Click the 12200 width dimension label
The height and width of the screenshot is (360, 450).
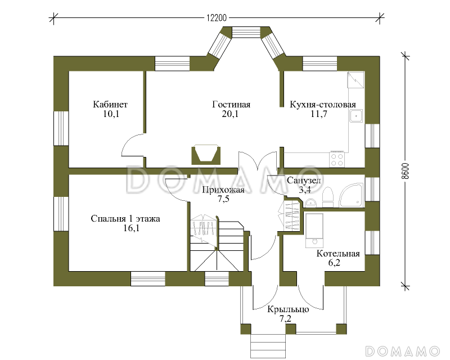[x=217, y=18]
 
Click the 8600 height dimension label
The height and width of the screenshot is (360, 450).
[x=404, y=171]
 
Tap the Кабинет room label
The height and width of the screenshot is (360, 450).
[x=110, y=104]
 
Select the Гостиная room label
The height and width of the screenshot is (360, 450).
[x=231, y=104]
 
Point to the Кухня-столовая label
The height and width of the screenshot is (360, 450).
[x=322, y=104]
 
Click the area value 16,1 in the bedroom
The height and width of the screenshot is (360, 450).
[x=131, y=228]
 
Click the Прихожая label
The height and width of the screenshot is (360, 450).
[x=223, y=190]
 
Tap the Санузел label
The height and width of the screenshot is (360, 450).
[x=304, y=181]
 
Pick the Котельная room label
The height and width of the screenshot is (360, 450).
[x=338, y=254]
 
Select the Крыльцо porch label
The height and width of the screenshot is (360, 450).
[x=288, y=309]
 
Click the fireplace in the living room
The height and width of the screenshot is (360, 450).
[x=206, y=155]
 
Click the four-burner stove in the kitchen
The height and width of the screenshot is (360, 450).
[x=336, y=159]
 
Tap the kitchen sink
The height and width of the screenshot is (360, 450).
[x=356, y=116]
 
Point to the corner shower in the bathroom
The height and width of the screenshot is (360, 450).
[x=352, y=195]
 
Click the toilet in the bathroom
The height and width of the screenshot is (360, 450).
[x=327, y=197]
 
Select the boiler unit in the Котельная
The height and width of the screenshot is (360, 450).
[x=314, y=230]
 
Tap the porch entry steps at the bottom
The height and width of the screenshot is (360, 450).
[x=268, y=345]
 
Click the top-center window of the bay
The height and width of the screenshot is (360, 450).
[x=246, y=32]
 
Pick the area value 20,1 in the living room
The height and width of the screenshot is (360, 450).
[x=230, y=114]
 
